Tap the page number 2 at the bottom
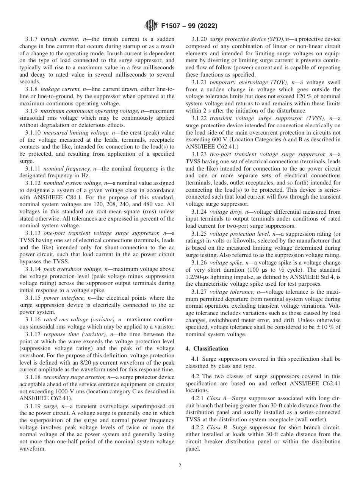180,466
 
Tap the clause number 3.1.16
33,320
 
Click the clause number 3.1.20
199,39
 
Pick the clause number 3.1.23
199,154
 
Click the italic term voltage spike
227,262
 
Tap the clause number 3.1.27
199,291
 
